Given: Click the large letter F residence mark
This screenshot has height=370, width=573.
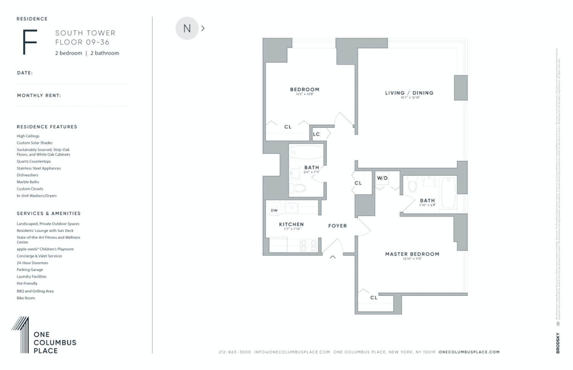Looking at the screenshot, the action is [30, 42].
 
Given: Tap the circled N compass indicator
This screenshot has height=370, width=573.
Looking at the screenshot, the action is [187, 28].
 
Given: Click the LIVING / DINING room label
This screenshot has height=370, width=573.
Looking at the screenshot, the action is [409, 93].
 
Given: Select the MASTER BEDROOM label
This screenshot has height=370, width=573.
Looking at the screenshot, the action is [412, 254].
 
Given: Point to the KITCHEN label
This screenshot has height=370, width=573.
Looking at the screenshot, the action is [291, 225].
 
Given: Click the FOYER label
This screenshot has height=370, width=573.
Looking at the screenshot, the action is [337, 226].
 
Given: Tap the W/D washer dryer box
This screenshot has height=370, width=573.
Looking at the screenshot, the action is [382, 179].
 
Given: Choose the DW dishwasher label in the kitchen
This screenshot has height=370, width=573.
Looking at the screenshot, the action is [274, 211].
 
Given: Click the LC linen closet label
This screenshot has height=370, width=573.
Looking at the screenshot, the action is [316, 134].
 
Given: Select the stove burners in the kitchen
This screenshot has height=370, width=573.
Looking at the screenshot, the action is [309, 245].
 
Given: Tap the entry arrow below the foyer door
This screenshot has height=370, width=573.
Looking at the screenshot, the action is [333, 257].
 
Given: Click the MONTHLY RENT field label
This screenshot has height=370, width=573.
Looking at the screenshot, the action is [39, 95].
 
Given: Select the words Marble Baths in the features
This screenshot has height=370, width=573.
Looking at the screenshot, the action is [28, 182].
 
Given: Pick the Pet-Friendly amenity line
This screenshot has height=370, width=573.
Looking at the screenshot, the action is [27, 283].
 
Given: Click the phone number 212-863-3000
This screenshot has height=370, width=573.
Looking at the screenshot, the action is [235, 352].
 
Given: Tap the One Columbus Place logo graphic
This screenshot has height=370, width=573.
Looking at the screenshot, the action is [20, 334].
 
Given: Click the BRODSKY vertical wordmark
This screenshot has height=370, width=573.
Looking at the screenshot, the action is [558, 343].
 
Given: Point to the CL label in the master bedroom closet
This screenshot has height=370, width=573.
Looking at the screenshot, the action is [374, 298].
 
